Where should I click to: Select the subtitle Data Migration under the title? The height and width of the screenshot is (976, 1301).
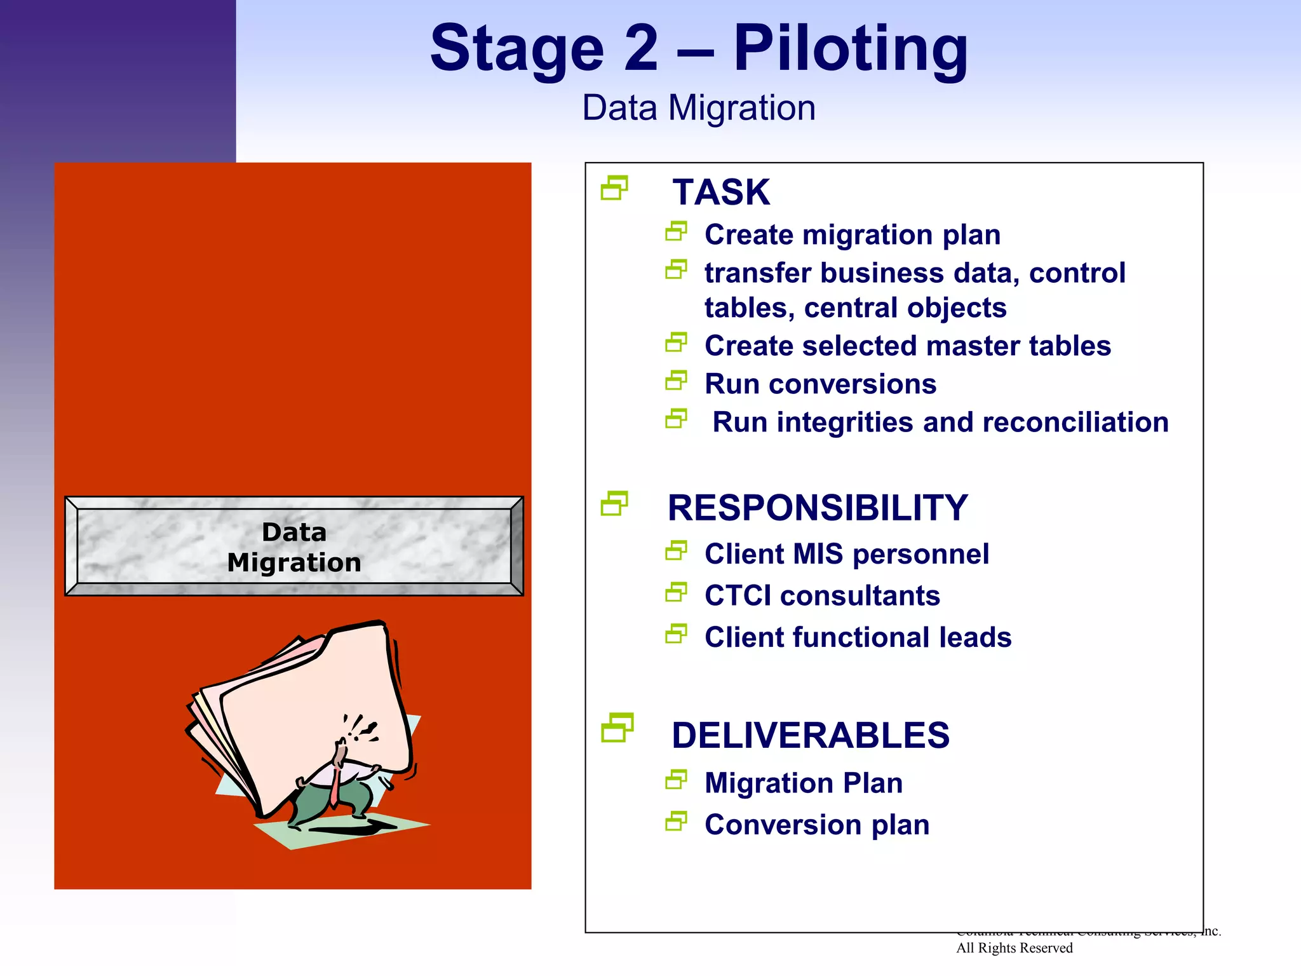[699, 108]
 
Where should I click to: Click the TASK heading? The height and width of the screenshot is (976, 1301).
[721, 192]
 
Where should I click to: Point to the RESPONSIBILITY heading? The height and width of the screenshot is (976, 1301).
[818, 508]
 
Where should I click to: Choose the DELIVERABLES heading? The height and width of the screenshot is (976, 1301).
[811, 736]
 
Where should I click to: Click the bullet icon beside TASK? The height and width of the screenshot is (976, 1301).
[614, 188]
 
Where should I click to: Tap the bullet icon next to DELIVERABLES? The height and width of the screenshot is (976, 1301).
[617, 728]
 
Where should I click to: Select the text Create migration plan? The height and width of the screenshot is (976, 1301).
[853, 235]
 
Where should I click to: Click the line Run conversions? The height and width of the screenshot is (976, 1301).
[820, 384]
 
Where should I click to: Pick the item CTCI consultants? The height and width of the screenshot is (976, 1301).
[822, 596]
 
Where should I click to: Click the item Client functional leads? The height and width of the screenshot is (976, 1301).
[858, 637]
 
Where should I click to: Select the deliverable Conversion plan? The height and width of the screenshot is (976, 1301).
[817, 825]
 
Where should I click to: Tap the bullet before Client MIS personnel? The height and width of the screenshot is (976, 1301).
[676, 551]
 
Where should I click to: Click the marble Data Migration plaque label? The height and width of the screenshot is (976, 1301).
[294, 547]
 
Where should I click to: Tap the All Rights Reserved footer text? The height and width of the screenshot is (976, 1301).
[1014, 948]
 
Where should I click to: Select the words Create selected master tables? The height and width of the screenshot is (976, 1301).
[908, 346]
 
